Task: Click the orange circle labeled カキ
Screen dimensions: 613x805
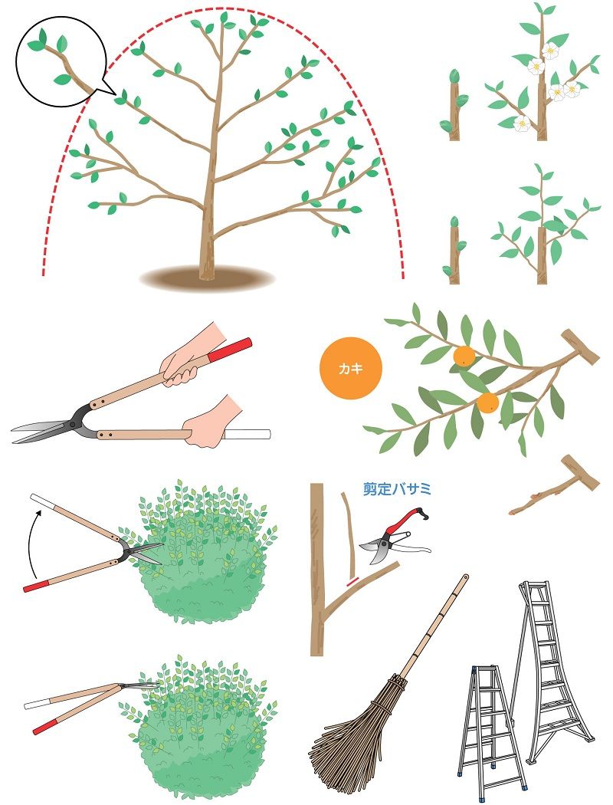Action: pos(351,369)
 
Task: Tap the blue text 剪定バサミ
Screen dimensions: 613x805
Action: pos(397,488)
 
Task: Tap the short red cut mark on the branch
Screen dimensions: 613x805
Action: pos(353,581)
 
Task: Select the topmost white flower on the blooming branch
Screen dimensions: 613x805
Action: pos(550,51)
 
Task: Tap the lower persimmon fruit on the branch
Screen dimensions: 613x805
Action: pos(487,403)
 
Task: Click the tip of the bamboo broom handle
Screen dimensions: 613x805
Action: pos(465,577)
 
